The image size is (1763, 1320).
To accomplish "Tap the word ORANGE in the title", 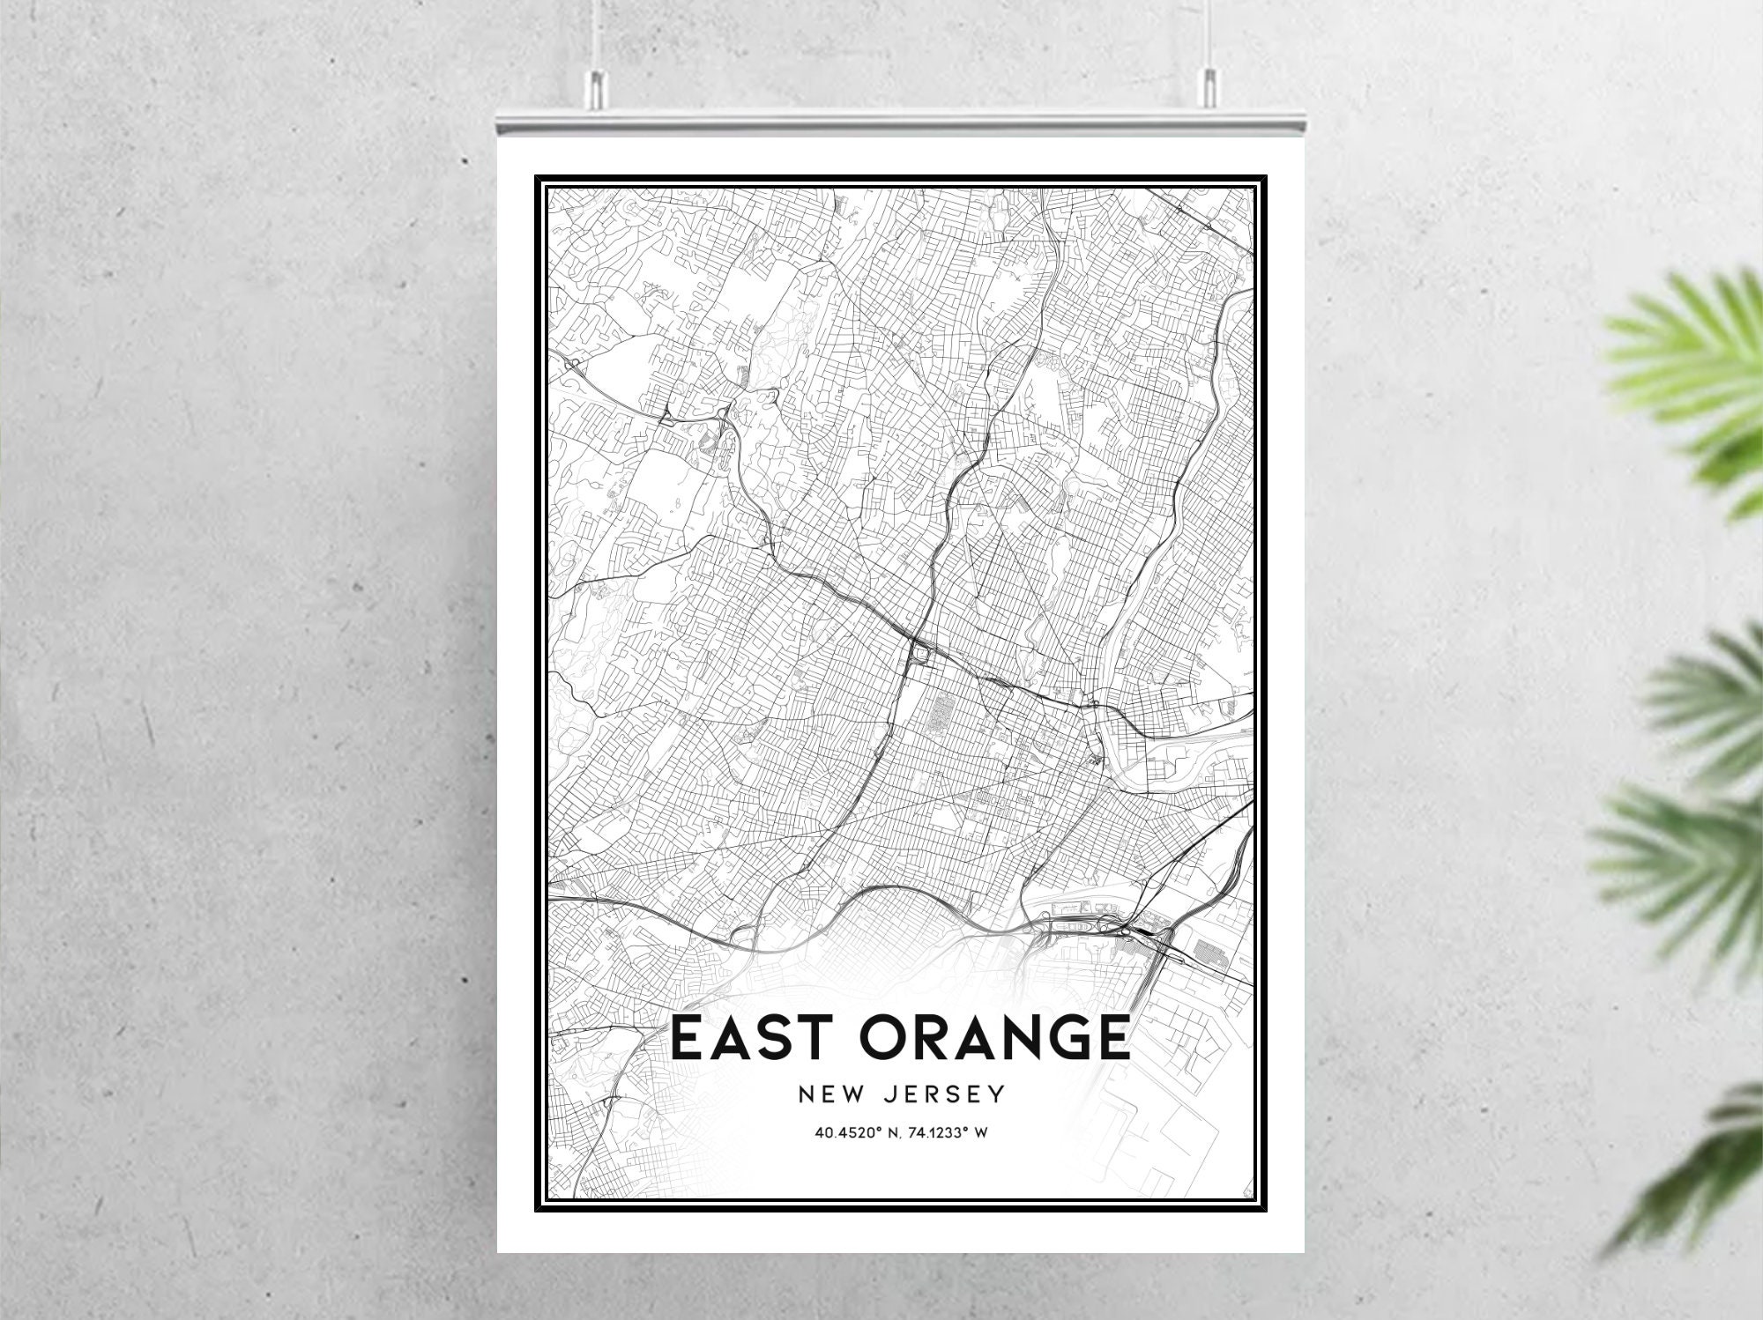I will click(994, 1037).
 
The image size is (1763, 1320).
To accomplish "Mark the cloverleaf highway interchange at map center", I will click(920, 655).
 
